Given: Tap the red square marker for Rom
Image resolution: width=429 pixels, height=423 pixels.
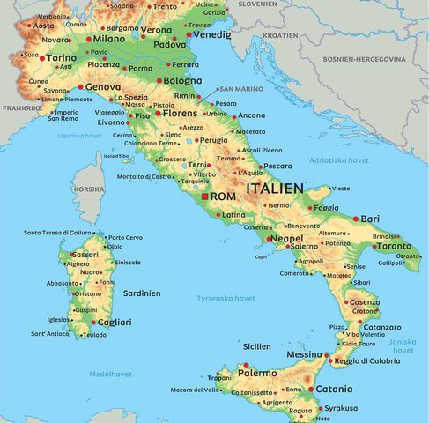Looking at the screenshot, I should coord(205,197).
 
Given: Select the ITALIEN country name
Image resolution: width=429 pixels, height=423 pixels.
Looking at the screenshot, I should coord(275,189).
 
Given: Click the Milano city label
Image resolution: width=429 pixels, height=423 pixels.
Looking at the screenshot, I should coord(109,39).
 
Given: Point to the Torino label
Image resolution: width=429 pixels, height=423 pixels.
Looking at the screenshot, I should coord(61,58).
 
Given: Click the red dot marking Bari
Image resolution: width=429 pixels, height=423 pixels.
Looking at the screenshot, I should coord(356,219).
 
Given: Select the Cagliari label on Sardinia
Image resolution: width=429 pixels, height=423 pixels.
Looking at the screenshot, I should coord(115,323).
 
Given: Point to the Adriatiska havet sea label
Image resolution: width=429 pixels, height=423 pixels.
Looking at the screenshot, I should coord(339,160).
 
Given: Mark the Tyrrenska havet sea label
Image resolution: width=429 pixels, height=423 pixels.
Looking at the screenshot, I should coord(226,298).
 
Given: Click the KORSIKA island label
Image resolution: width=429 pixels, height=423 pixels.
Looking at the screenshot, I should coord(88,189).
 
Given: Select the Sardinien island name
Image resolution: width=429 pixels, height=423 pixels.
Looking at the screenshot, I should coord(140,292).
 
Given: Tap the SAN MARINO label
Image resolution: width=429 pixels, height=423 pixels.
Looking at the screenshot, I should coord(240,89).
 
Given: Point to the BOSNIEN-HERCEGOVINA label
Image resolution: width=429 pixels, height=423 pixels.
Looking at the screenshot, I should coord(375,59).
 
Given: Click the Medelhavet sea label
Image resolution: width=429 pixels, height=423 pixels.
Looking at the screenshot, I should coord(110,374).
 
